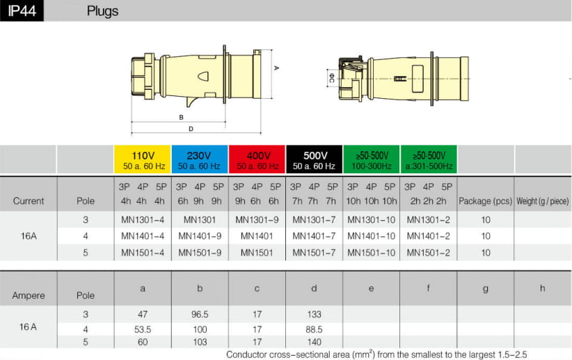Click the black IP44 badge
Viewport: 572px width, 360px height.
coord(22,10)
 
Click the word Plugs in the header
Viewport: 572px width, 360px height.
coord(102,11)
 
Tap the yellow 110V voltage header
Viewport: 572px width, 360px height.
coord(143,159)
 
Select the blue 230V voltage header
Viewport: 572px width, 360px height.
coord(200,159)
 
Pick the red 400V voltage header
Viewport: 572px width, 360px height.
coord(257,159)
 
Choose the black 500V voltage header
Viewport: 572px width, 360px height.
coord(314,159)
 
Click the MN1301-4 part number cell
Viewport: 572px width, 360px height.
coord(143,220)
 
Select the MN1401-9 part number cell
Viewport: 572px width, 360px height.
coord(200,236)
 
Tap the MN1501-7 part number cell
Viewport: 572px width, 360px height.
coord(314,253)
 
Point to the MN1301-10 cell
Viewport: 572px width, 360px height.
coord(372,220)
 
